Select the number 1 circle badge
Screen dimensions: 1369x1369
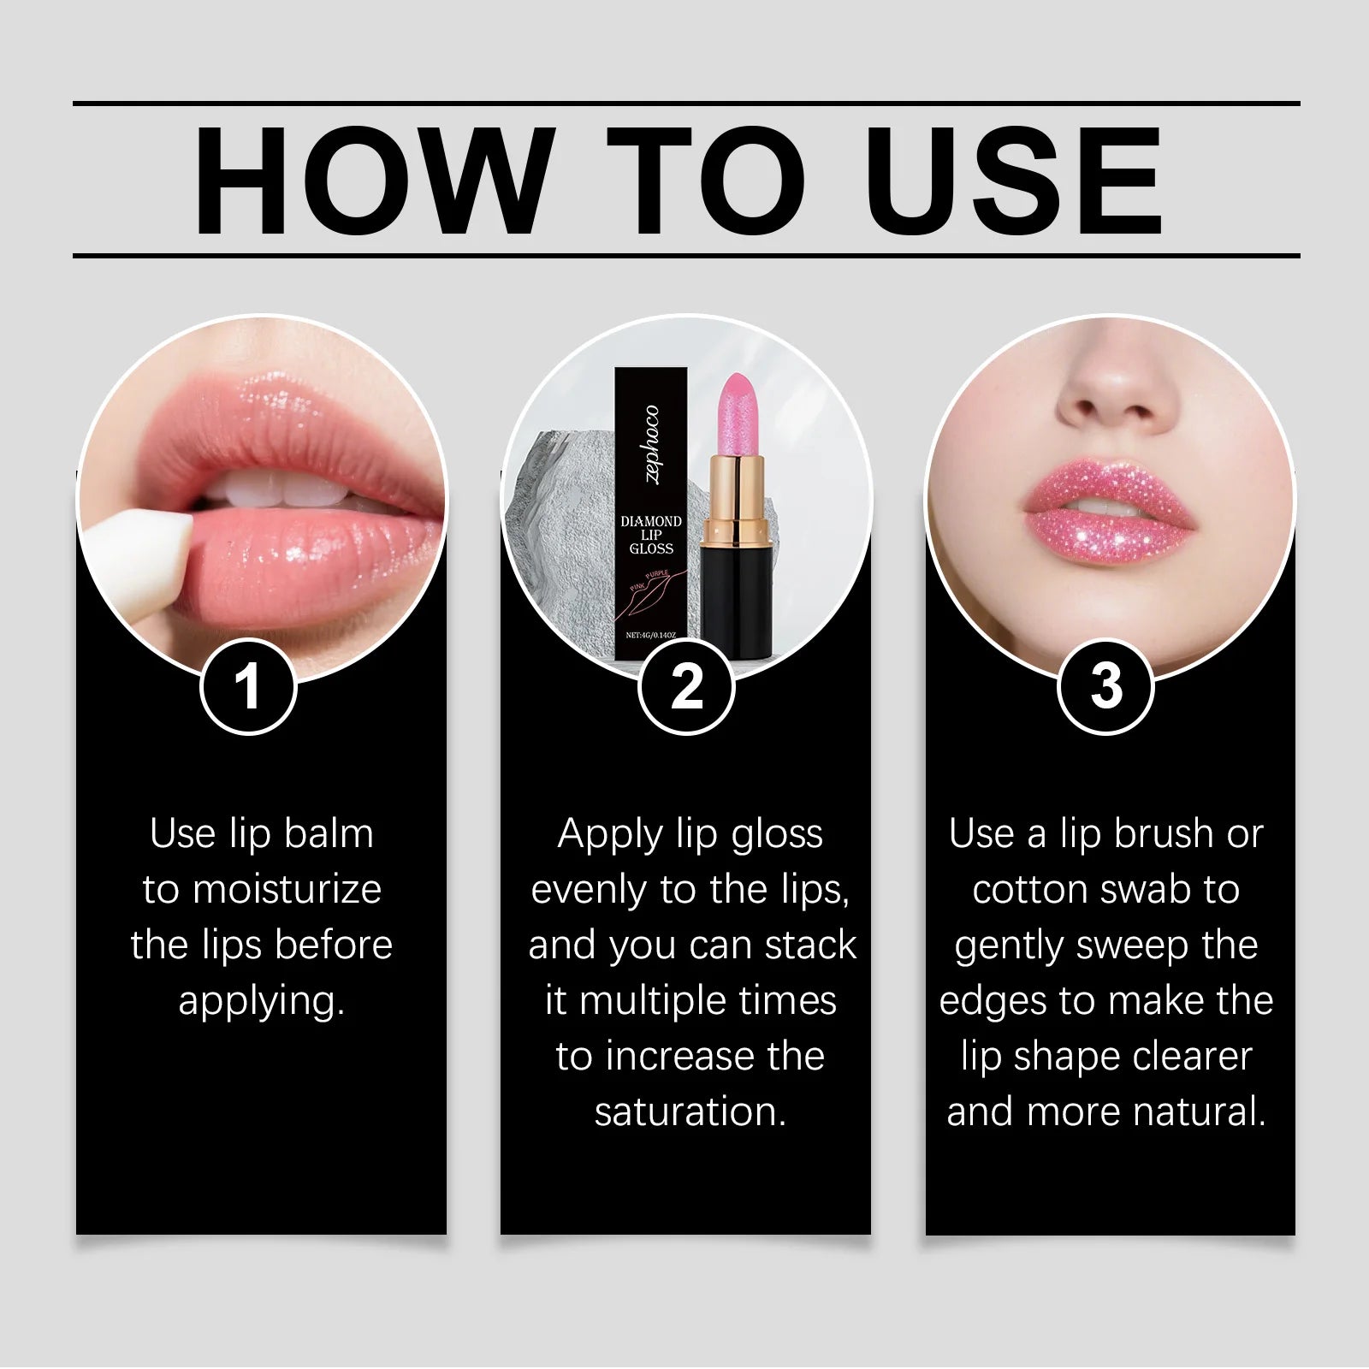pyautogui.click(x=248, y=686)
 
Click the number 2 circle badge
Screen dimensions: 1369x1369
pyautogui.click(x=686, y=686)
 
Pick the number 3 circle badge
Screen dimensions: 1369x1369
pyautogui.click(x=1105, y=686)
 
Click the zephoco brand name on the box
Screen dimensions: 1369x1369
pyautogui.click(x=652, y=444)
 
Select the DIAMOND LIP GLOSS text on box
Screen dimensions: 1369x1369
pyautogui.click(x=651, y=535)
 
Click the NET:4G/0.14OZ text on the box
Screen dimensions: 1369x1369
pyautogui.click(x=651, y=635)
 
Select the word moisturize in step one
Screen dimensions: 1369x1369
pyautogui.click(x=287, y=890)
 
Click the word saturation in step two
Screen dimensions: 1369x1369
pyautogui.click(x=690, y=1112)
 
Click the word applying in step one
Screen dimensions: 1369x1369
pyautogui.click(x=261, y=1001)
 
